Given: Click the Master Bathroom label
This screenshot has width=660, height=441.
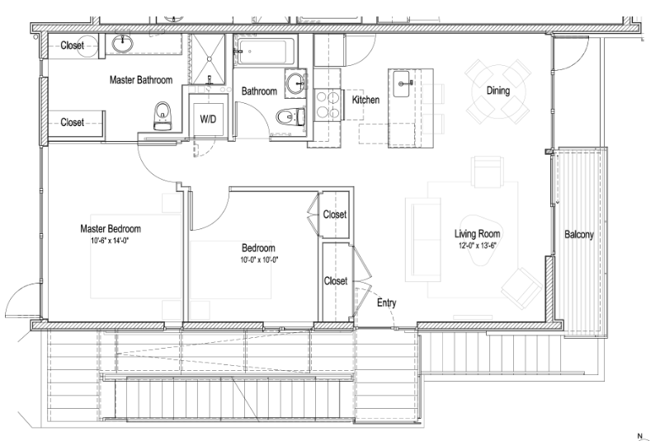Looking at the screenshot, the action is click(x=141, y=80).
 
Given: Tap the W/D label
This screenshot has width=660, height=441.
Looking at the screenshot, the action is click(x=208, y=120).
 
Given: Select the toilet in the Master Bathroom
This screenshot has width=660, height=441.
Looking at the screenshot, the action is click(x=163, y=115).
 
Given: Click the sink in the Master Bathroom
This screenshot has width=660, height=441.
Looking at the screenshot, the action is click(x=122, y=44).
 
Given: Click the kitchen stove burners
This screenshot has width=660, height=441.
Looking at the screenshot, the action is click(x=328, y=105).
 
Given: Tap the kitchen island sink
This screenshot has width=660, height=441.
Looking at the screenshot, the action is click(x=402, y=83).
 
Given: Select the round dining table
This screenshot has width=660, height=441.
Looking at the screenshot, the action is click(x=498, y=91).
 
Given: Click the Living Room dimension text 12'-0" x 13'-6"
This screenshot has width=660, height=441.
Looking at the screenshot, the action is click(x=477, y=246).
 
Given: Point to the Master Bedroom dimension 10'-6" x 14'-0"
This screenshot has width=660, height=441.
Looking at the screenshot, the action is click(x=110, y=242).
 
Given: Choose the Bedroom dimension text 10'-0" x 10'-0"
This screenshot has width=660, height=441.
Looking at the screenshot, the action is click(x=259, y=260).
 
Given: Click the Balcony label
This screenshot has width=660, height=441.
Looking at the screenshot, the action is click(x=579, y=234).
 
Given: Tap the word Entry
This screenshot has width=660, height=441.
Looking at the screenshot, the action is click(x=386, y=303).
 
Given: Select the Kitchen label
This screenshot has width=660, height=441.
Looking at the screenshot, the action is click(x=365, y=100).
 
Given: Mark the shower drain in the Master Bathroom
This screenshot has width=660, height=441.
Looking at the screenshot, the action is click(x=208, y=59).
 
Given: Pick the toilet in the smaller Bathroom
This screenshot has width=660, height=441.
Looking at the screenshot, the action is click(x=291, y=116).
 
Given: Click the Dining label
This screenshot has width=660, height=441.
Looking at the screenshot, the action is click(x=498, y=91).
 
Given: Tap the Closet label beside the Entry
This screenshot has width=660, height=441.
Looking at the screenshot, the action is click(x=336, y=280).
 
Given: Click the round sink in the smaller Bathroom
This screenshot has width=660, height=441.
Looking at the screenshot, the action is click(x=296, y=82).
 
